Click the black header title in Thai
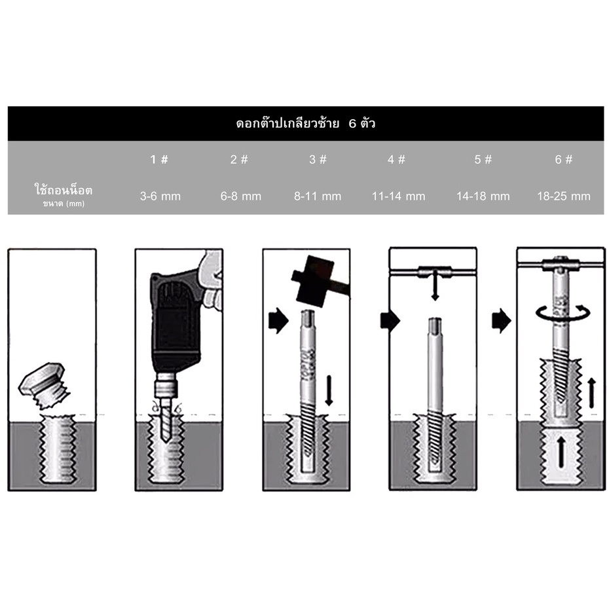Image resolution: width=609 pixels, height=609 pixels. pos(305,124)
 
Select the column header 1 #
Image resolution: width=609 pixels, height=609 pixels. pos(159,159)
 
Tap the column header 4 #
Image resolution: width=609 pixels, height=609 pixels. pos(397,159)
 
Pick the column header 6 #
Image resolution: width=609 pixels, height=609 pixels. pos(564,159)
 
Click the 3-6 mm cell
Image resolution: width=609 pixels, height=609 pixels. pos(160,196)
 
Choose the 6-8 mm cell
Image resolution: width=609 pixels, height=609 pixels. pos(241,196)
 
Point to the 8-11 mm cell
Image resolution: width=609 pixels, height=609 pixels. pos(318,196)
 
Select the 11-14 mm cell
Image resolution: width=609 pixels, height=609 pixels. pos(399,196)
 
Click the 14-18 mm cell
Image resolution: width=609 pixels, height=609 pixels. pos(483,196)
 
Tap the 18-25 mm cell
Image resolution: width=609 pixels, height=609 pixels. pos(564,196)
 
